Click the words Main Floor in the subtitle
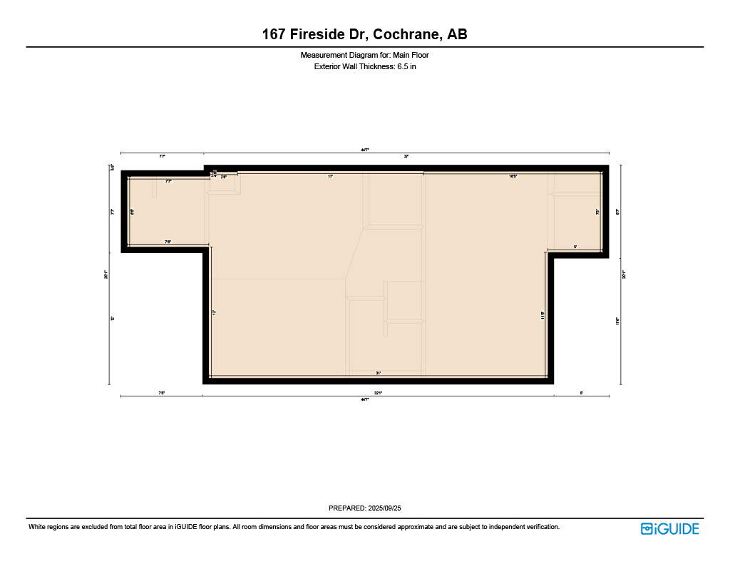pos(411,55)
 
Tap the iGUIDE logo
pos(669,528)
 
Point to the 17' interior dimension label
pos(331,175)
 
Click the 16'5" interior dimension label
pos(513,175)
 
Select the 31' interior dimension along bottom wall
pos(379,373)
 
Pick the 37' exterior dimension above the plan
pos(406,155)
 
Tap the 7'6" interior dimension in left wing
pos(168,242)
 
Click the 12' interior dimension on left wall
pos(214,312)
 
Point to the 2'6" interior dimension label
pos(224,176)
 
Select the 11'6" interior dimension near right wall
pos(543,314)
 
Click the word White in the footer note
pos(38,527)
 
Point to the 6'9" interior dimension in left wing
pos(133,211)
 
